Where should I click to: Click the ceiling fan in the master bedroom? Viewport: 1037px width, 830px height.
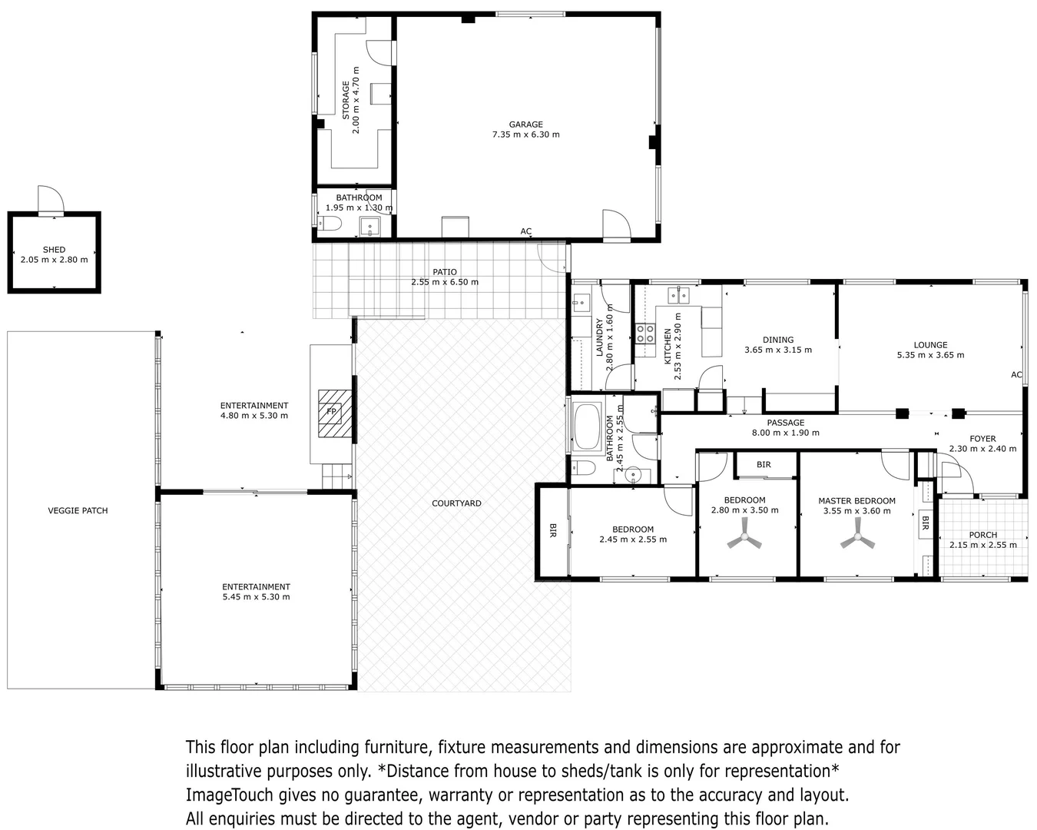(x=856, y=539)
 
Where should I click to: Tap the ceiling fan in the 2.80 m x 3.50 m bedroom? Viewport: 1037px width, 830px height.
(x=744, y=538)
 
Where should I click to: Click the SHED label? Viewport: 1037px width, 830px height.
(x=54, y=250)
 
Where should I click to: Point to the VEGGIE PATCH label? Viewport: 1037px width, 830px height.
(x=78, y=511)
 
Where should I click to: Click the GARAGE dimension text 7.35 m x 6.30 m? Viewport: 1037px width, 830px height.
(x=525, y=134)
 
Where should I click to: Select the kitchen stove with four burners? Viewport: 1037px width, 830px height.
(x=644, y=334)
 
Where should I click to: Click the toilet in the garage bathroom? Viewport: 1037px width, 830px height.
(x=330, y=224)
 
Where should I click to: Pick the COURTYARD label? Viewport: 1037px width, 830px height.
(x=456, y=503)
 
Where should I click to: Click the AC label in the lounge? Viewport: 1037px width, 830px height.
(x=1016, y=375)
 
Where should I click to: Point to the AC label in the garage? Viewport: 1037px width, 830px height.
(x=525, y=231)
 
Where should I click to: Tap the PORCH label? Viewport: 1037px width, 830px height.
(x=983, y=535)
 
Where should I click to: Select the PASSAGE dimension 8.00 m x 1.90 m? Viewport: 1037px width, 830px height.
(x=786, y=433)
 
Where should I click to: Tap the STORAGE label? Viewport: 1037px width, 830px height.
(x=346, y=101)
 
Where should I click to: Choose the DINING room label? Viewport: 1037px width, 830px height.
(x=777, y=340)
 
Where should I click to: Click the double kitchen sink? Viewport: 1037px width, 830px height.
(x=678, y=295)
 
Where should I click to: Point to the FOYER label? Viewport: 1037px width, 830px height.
(x=982, y=439)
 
